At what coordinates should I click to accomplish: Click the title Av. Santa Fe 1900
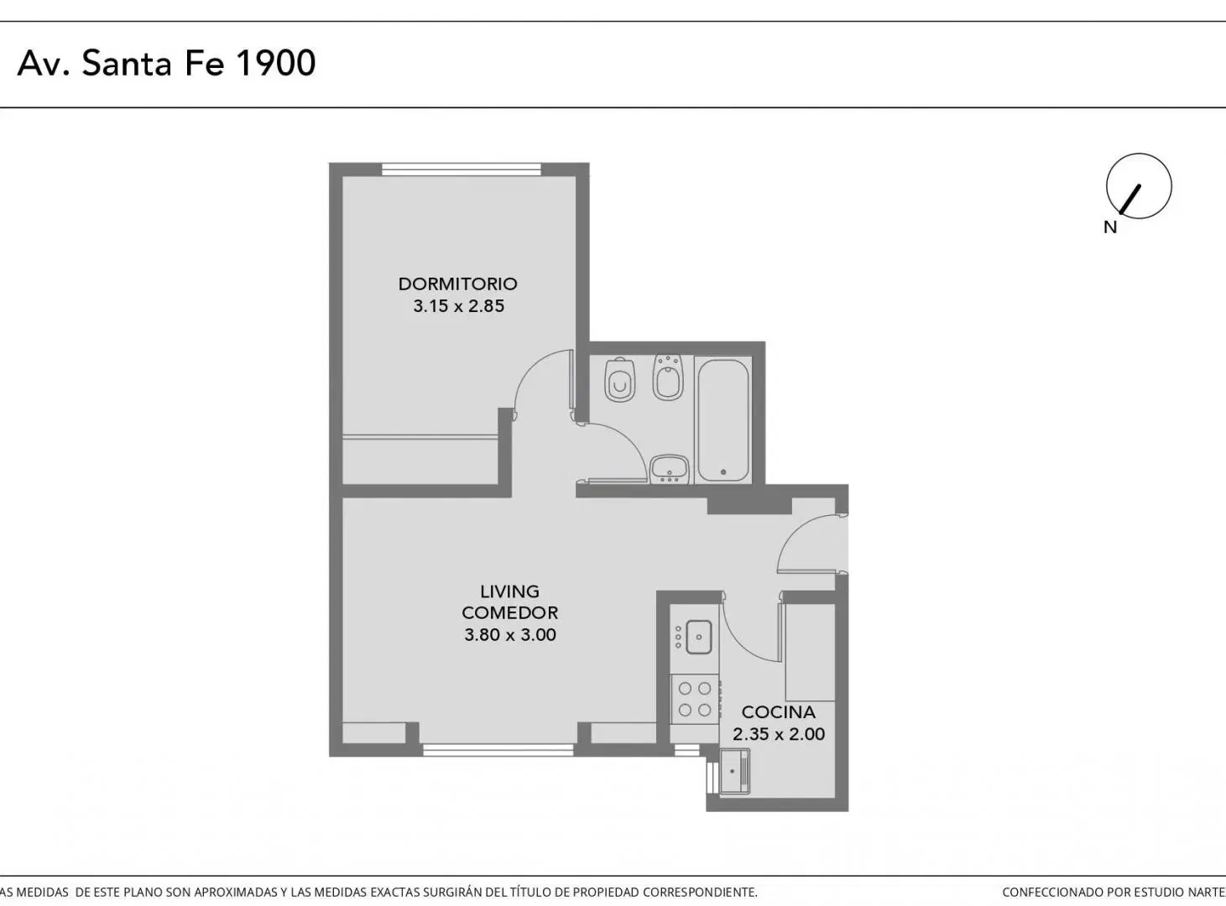coord(166,63)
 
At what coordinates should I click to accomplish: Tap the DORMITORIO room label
coord(457,284)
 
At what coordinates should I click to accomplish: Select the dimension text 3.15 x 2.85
coord(459,305)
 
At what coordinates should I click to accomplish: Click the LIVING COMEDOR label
coord(509,602)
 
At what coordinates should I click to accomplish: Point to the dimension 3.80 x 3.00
coord(509,634)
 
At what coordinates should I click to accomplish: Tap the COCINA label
coord(778,712)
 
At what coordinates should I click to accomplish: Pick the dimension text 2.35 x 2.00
coord(778,734)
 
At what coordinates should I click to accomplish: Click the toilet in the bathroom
coord(619,379)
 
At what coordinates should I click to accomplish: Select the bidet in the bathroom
coord(668,377)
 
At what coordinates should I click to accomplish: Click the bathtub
coord(723,420)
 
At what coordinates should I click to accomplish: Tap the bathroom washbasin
coord(669,469)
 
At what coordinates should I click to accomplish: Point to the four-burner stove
coord(695,700)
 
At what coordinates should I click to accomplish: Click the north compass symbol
coord(1139,186)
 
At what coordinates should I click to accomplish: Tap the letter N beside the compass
coord(1110,227)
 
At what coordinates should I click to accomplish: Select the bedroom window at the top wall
coord(461,169)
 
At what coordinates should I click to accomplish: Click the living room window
coord(498,750)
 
